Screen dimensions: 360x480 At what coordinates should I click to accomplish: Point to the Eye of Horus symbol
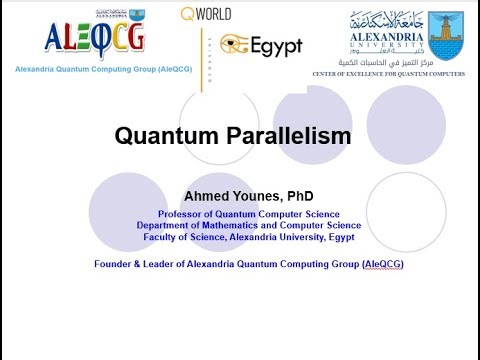[x=235, y=44]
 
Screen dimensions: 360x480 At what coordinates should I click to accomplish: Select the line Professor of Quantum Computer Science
[x=248, y=214]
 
